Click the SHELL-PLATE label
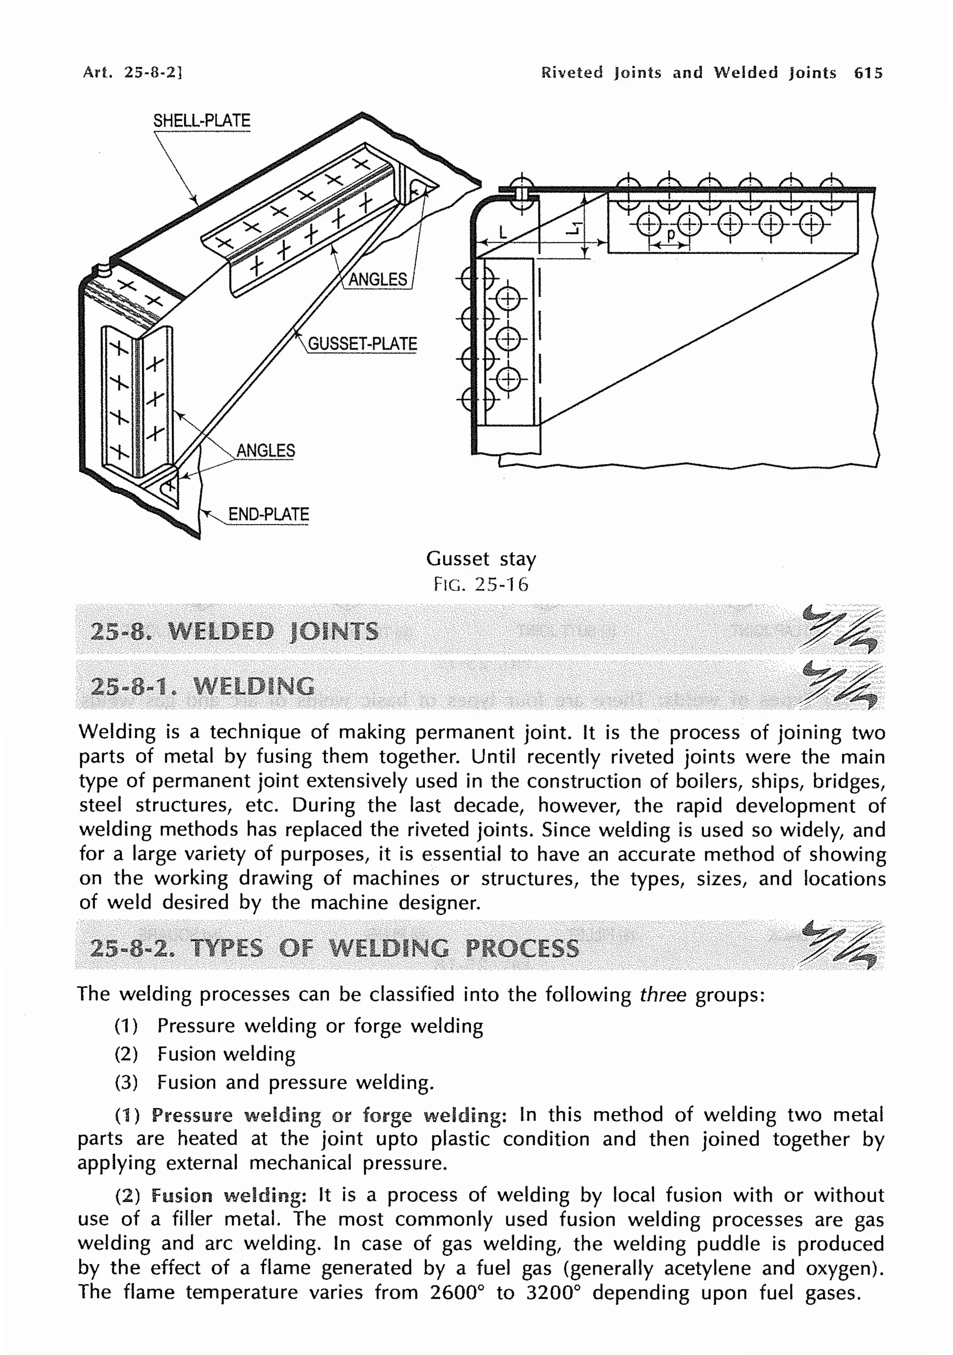201,121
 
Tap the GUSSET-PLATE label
362,344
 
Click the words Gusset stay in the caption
481,558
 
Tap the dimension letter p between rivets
670,235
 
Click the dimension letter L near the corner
503,232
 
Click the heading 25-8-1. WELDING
202,686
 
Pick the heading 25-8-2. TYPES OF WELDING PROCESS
334,948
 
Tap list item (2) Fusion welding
204,1054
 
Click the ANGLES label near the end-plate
265,451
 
